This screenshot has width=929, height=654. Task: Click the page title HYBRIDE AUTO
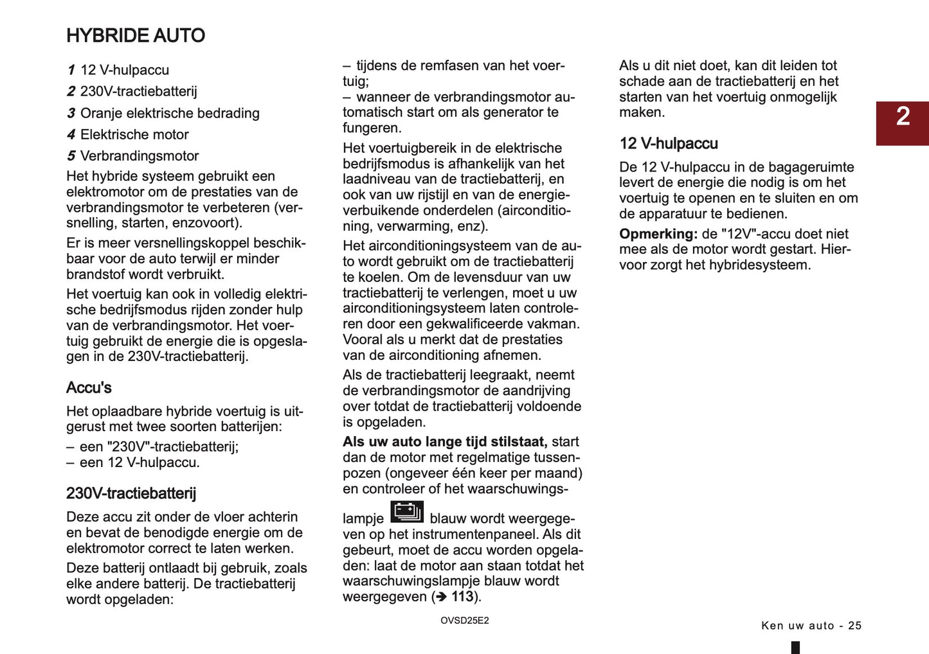136,35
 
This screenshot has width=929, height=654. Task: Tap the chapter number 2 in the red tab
903,117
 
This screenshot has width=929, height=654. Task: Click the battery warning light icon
407,512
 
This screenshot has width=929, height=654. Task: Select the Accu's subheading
89,388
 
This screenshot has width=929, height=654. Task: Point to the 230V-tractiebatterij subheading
131,493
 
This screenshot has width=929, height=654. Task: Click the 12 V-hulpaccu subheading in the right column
669,144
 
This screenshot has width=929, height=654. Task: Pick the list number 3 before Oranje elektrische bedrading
71,113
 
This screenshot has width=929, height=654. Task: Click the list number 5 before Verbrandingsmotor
71,156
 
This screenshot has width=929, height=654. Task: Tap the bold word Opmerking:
658,234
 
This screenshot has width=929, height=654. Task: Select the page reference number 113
462,597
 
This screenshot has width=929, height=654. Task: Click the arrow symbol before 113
441,597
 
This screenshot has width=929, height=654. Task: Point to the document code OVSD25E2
464,621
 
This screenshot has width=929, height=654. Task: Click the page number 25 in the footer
854,626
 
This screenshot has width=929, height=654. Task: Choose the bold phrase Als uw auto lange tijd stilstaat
445,442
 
